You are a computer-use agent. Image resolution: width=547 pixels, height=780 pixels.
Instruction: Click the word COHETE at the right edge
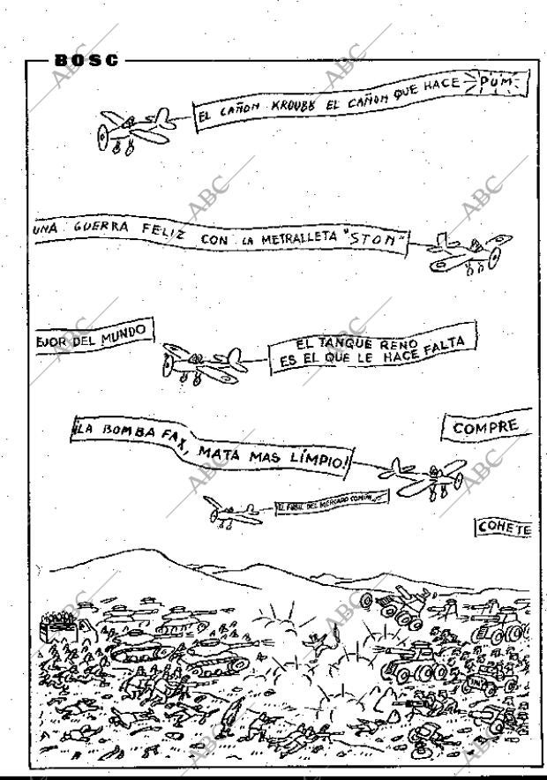coord(505,528)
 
